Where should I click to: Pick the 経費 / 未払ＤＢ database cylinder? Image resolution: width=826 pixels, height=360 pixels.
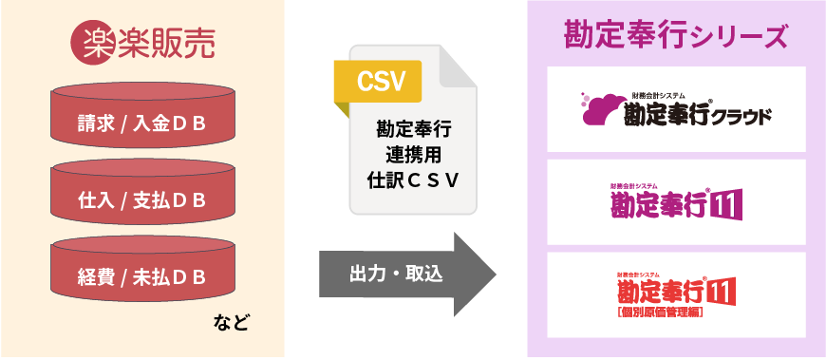pos(142,276)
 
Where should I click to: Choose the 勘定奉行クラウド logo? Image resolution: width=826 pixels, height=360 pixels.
pos(676,110)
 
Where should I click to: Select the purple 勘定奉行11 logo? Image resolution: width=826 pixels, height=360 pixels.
pos(676,202)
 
